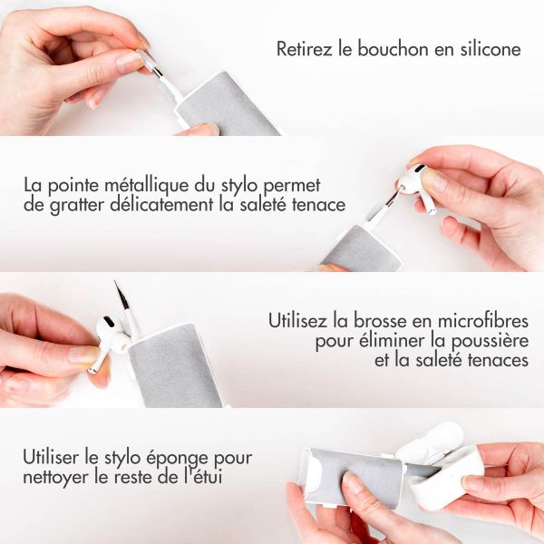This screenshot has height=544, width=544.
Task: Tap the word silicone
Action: coord(490,49)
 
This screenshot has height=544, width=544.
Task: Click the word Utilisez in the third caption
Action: coord(301,321)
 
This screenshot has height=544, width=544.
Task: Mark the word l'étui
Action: coord(201,478)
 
